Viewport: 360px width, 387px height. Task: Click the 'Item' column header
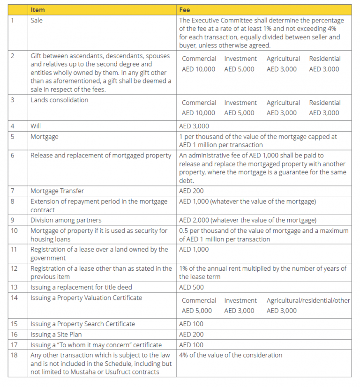37,9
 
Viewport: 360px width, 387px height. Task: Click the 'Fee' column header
185,9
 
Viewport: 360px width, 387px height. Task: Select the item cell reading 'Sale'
37,20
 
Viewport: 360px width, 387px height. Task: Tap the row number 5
12,137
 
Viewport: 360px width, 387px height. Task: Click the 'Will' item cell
36,126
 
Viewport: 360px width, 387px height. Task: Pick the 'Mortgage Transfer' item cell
57,191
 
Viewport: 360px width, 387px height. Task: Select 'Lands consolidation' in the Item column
59,100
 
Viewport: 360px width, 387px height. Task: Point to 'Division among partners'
66,220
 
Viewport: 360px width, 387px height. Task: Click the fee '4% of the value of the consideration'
231,355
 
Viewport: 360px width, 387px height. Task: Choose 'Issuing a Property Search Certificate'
82,324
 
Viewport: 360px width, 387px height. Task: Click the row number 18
14,355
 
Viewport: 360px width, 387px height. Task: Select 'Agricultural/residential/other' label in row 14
308,300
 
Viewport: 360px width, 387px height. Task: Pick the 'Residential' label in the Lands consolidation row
324,103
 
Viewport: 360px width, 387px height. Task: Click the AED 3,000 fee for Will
194,126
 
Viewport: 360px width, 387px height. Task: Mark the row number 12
14,268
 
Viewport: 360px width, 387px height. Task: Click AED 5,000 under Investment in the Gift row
239,69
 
